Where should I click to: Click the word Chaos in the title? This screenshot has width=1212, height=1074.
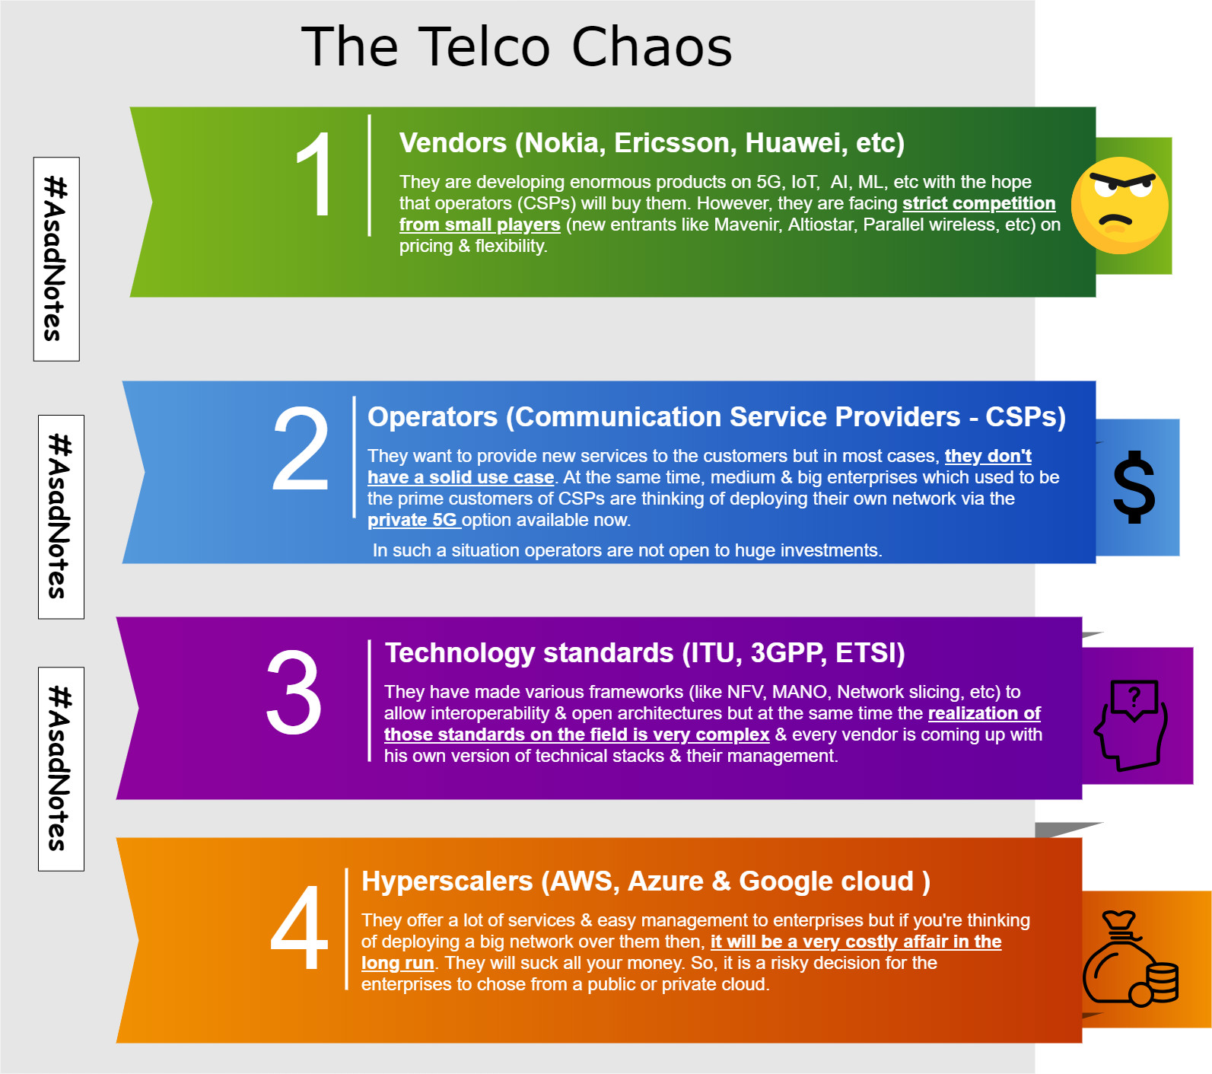651,46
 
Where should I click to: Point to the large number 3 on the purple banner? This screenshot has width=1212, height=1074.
294,692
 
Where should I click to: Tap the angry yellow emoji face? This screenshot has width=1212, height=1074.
1119,206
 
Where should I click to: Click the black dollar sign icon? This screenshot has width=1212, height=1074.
1134,487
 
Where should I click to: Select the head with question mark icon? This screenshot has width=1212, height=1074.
1131,725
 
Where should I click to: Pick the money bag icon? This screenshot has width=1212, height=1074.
1131,958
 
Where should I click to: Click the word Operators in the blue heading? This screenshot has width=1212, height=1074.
433,417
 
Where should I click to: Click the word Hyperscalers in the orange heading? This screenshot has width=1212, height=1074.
447,881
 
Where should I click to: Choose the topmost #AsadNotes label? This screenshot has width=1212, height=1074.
56,259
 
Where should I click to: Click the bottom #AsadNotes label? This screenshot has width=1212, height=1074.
61,769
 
